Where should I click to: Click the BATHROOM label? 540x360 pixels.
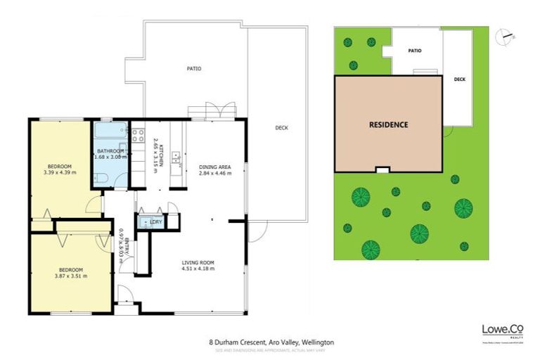[110, 150]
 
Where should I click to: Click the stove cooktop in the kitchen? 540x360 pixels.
[139, 135]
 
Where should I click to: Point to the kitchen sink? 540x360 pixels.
[176, 161]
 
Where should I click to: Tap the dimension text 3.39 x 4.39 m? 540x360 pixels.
[60, 172]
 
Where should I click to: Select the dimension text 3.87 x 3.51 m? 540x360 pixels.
[71, 276]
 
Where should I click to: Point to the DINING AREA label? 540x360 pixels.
[215, 167]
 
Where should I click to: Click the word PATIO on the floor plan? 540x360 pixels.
[194, 69]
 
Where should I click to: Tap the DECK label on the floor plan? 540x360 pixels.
[281, 127]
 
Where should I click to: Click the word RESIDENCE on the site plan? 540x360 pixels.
[388, 124]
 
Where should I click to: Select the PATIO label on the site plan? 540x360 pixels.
[415, 51]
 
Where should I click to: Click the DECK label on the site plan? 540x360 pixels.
[459, 79]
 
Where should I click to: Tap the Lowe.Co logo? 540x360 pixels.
[502, 330]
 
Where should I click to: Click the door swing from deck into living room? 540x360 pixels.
[258, 230]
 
